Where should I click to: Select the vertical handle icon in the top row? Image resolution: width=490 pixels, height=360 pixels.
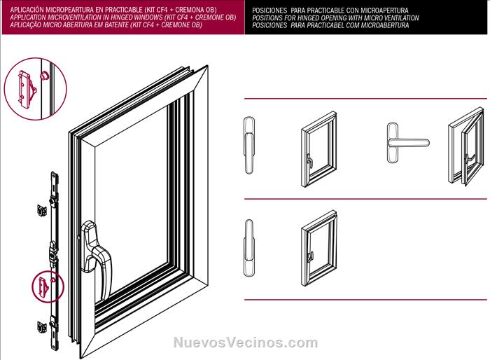click(249, 145)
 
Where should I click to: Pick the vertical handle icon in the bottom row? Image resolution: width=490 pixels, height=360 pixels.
click(249, 248)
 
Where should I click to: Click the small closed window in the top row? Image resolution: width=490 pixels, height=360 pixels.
click(319, 149)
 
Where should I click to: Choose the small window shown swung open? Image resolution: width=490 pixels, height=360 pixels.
click(466, 146)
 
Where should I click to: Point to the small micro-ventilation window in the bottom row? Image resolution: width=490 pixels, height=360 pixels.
click(319, 249)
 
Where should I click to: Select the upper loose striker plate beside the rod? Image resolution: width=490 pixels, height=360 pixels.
click(42, 210)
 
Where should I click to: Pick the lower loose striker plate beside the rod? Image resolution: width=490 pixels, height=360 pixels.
click(42, 327)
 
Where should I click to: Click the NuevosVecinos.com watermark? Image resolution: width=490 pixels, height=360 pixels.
click(246, 342)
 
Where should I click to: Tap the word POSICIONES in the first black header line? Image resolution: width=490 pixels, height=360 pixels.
click(269, 11)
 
